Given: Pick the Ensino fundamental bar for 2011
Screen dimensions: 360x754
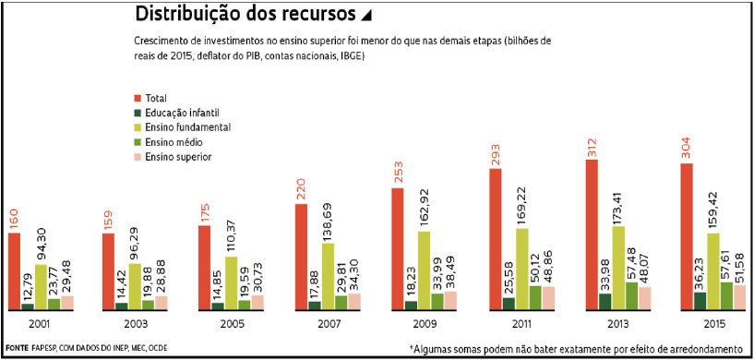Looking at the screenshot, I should point(522,269).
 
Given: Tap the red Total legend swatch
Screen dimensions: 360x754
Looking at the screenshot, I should point(138,96).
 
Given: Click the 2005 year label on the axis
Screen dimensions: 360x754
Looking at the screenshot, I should point(231,325).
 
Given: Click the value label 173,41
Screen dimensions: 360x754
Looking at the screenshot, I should point(616,199).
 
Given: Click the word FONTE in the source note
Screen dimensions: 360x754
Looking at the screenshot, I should point(17,348).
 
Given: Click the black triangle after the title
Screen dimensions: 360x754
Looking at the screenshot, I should point(366,16).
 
